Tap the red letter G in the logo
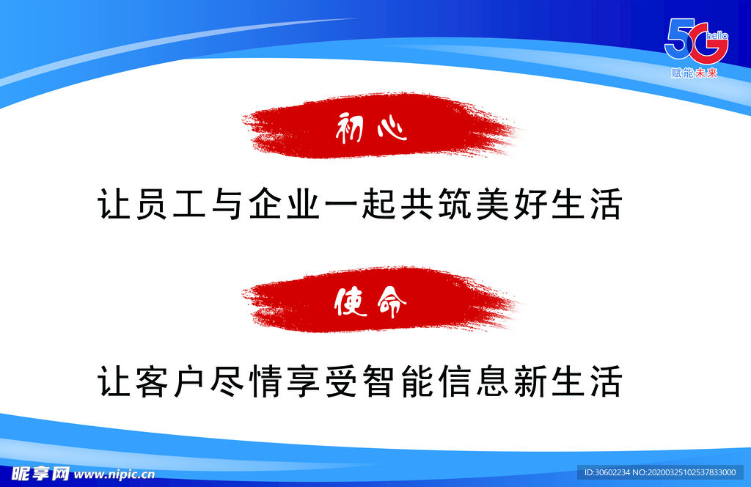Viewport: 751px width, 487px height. [708, 45]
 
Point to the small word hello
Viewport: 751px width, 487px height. [717, 36]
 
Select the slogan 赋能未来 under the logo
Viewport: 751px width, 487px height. [695, 73]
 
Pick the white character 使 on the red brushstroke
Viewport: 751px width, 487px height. [350, 302]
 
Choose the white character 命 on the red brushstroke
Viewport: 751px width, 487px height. [392, 303]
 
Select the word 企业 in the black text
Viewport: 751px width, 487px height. [285, 204]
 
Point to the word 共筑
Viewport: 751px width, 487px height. [436, 204]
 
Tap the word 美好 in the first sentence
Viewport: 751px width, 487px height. [511, 204]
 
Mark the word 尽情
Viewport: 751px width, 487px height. [246, 381]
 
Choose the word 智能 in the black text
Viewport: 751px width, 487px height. [398, 381]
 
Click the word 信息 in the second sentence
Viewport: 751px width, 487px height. [474, 381]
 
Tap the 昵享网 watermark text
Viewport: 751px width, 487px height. [40, 474]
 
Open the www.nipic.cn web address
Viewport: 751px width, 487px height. [114, 475]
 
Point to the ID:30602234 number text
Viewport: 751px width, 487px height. [607, 472]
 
